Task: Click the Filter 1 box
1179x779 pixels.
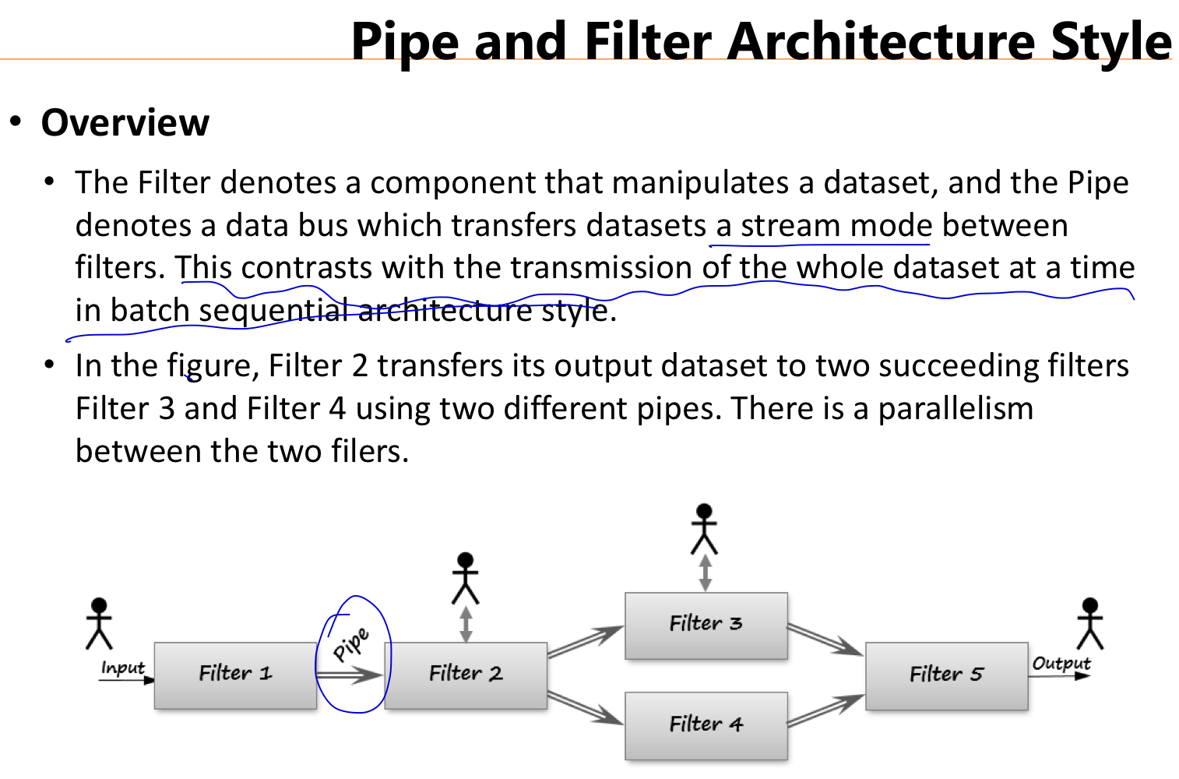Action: [x=235, y=675]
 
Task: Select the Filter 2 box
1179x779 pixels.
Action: [x=466, y=675]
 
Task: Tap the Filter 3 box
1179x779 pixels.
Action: [x=706, y=625]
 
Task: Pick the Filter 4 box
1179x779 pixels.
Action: [x=706, y=725]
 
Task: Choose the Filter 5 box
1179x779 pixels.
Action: [x=946, y=675]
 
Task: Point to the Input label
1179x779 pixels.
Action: [x=122, y=668]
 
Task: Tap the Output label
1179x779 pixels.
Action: [x=1061, y=663]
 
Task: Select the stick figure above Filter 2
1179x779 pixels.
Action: [x=466, y=577]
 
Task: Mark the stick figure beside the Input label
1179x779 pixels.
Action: [x=99, y=623]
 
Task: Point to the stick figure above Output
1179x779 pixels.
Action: [x=1090, y=623]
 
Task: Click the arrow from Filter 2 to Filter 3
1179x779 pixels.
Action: [x=586, y=642]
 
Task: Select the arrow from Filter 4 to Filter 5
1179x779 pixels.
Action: [x=825, y=710]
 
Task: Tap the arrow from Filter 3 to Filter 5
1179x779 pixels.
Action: [x=825, y=640]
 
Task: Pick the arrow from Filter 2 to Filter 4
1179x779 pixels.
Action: [x=586, y=707]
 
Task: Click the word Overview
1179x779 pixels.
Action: [x=125, y=123]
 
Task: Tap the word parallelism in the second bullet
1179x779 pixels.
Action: [x=956, y=409]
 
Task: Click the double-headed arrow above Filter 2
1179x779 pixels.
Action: [x=466, y=624]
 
